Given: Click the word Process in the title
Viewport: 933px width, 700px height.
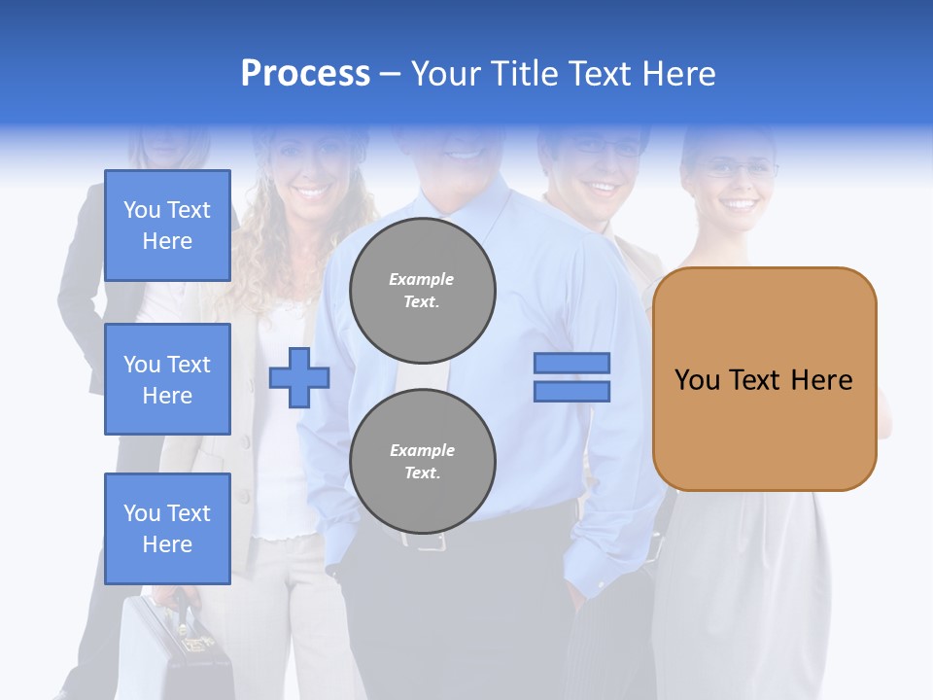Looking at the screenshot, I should click(305, 74).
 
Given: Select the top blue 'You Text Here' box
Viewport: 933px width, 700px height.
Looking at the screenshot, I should click(167, 226).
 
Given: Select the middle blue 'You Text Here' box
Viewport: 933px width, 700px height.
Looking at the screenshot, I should click(167, 379).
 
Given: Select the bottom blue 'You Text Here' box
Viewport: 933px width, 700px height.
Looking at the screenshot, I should click(167, 528).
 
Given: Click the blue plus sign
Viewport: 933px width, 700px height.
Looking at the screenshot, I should click(299, 377).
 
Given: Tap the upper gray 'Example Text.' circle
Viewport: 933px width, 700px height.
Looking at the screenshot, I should click(422, 290).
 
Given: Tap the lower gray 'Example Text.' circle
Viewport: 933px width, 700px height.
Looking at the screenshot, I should click(422, 461).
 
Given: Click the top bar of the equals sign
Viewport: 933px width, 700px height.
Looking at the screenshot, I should click(571, 363).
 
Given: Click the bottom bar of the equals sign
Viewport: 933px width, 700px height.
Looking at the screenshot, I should click(571, 392).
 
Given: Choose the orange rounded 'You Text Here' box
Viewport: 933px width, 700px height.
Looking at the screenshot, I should click(764, 379).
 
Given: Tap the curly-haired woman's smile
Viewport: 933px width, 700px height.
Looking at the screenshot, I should click(313, 192).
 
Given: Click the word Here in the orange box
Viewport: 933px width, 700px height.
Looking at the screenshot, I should click(822, 380).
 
